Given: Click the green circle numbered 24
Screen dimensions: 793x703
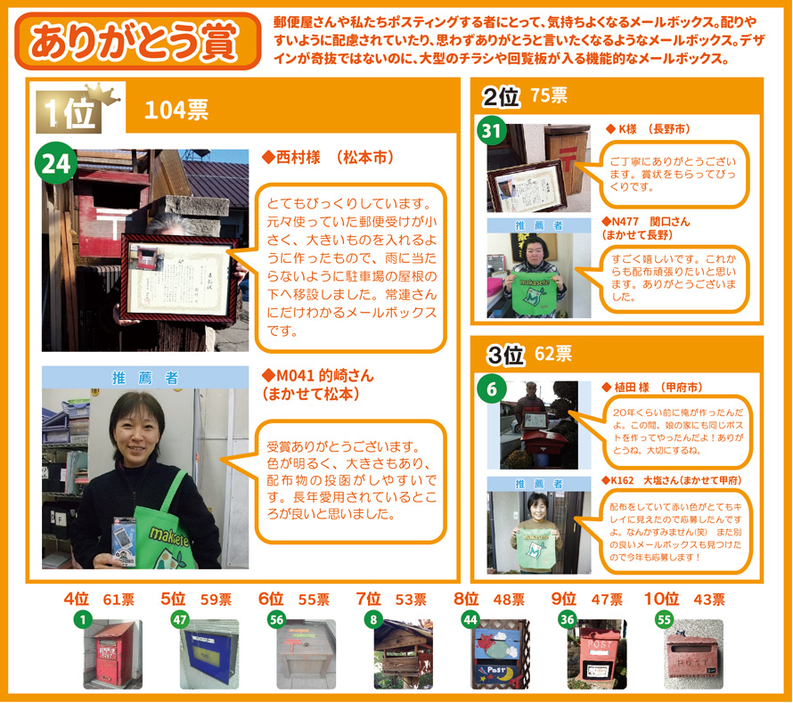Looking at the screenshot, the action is point(55,163).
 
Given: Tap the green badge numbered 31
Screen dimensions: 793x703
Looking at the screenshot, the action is point(492,130).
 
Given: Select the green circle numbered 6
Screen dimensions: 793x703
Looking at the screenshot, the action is point(492,388).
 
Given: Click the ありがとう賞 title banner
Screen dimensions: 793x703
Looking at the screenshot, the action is point(137,41).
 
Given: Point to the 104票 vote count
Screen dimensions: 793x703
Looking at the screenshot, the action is point(176,110).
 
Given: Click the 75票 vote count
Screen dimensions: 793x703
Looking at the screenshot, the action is point(549,95).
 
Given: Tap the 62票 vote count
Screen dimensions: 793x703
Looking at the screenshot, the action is point(553,353).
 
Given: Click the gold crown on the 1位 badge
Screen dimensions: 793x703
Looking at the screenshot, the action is point(102,95).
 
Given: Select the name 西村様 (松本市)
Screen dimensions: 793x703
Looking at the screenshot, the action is point(328,158).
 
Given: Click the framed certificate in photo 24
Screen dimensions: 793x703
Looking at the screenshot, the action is point(179,279).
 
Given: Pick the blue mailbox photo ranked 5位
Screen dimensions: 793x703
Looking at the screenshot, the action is point(208,654).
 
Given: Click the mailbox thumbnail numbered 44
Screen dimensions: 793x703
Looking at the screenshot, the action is point(501,654).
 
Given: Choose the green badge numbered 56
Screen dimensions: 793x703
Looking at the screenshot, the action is point(276,619).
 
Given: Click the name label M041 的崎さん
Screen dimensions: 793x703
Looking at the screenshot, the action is point(318,376).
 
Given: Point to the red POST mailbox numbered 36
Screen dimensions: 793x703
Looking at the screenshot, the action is point(597,654).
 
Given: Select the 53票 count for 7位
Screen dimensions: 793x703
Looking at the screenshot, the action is point(411,600).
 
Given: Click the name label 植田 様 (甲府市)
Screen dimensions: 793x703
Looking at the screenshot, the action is point(652,388).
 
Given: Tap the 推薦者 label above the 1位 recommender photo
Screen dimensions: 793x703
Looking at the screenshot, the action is point(145,378).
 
